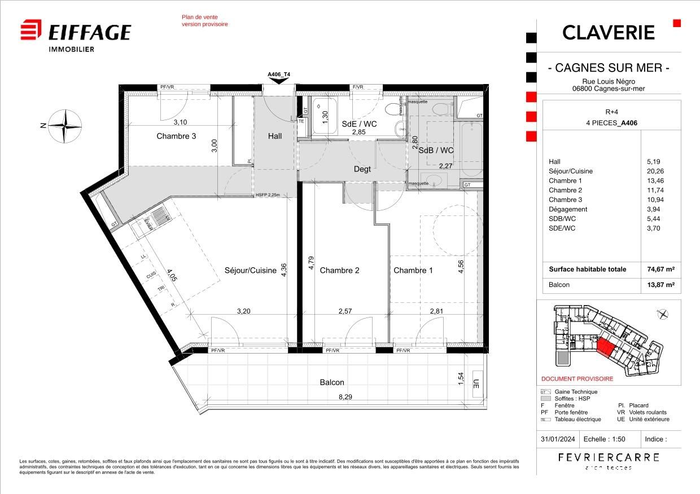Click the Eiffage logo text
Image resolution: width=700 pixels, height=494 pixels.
click(89, 32)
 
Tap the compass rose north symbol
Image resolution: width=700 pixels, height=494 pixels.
click(65, 126)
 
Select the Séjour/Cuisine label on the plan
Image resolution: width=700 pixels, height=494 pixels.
click(250, 270)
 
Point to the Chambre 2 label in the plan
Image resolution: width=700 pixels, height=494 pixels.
click(339, 270)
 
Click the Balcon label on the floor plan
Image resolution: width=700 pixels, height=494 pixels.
click(332, 382)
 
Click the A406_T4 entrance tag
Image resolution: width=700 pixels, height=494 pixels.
click(279, 74)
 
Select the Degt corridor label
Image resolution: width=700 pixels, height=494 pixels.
click(362, 169)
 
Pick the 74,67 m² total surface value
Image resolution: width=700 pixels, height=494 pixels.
click(661, 270)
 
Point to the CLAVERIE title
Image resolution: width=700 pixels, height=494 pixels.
click(608, 33)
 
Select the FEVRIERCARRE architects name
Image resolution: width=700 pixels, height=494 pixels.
click(608, 457)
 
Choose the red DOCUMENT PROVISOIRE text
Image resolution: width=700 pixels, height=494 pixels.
click(577, 379)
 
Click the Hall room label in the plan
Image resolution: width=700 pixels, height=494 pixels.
click(275, 136)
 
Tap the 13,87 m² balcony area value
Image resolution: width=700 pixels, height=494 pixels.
click(661, 285)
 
